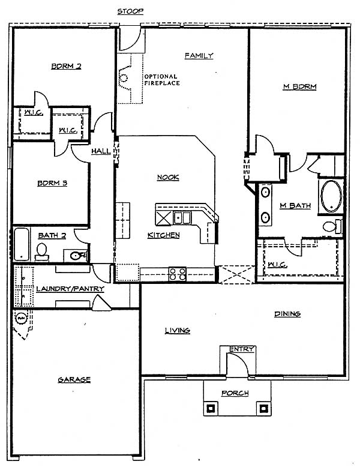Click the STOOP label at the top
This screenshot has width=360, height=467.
[130, 11]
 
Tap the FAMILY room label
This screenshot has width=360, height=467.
[199, 56]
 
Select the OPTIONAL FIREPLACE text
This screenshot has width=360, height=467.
[162, 80]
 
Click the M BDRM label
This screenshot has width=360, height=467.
[299, 86]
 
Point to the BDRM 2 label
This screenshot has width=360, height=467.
[66, 66]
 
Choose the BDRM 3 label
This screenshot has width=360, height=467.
[52, 183]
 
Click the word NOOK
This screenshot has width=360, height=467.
[168, 177]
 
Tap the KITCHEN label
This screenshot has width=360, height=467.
[164, 235]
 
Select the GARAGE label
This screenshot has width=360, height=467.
[74, 380]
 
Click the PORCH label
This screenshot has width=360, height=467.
[235, 393]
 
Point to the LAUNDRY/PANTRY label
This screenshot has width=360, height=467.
[70, 289]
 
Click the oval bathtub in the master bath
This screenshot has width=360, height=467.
[331, 196]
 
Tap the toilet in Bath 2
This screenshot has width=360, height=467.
[41, 252]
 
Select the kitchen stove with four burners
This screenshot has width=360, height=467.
[178, 274]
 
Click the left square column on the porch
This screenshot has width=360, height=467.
[211, 408]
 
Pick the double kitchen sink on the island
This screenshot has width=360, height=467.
[182, 218]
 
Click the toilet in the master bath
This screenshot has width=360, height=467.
[332, 227]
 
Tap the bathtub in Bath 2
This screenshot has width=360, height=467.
[22, 244]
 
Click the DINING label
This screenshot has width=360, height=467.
[287, 314]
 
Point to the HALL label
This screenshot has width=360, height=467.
[101, 151]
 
